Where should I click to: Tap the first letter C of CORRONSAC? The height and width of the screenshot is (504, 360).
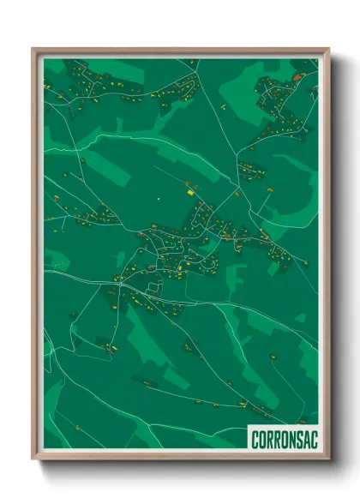(x=255, y=440)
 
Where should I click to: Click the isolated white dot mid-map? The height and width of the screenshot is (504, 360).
(x=159, y=200)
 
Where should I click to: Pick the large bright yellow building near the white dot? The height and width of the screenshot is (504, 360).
(x=189, y=193)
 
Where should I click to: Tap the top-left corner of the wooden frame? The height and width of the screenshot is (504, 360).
(x=33, y=49)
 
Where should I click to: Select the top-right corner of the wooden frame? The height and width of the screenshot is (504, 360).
(x=328, y=49)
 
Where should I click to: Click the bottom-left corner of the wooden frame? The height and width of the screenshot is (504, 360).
(x=33, y=458)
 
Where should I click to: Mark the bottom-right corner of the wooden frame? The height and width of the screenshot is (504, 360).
(x=328, y=458)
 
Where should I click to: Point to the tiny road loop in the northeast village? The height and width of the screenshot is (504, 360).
(x=273, y=88)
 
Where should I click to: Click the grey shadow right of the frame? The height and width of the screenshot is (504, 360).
(x=336, y=257)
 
